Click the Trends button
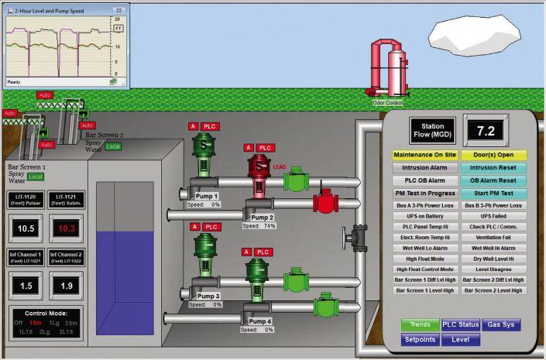click(420, 325)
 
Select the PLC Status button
click(461, 325)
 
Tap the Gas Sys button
click(501, 325)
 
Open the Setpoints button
click(420, 339)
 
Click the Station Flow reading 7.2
click(485, 130)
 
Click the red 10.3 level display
click(66, 228)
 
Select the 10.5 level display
click(26, 228)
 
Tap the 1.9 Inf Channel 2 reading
click(66, 286)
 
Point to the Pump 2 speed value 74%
click(270, 226)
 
